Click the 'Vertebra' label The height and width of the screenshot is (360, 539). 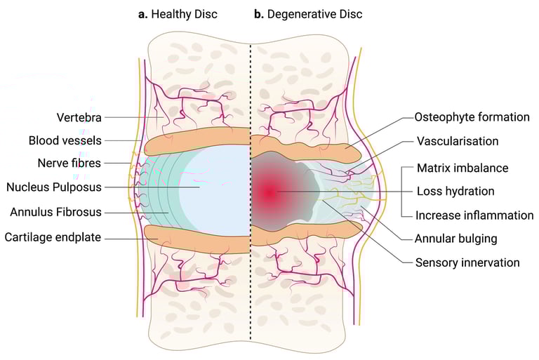pyautogui.click(x=80, y=117)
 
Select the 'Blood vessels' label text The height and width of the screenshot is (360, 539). pyautogui.click(x=65, y=140)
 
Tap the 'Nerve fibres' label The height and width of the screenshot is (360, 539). pyautogui.click(x=68, y=164)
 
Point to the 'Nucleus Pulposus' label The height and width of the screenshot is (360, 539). pyautogui.click(x=54, y=187)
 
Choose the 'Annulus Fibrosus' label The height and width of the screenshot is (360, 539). pyautogui.click(x=56, y=211)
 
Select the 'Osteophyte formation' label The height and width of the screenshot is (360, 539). pyautogui.click(x=472, y=117)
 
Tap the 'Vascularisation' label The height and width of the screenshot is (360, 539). pyautogui.click(x=457, y=141)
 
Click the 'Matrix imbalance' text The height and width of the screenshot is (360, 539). pyautogui.click(x=463, y=168)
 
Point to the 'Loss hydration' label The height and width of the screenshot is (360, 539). pyautogui.click(x=455, y=191)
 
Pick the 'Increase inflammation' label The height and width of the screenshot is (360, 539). pyautogui.click(x=470, y=215)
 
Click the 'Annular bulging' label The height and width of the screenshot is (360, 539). pyautogui.click(x=456, y=239)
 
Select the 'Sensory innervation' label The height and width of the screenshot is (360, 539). pyautogui.click(x=467, y=262)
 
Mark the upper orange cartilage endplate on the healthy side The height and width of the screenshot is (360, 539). pyautogui.click(x=197, y=140)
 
